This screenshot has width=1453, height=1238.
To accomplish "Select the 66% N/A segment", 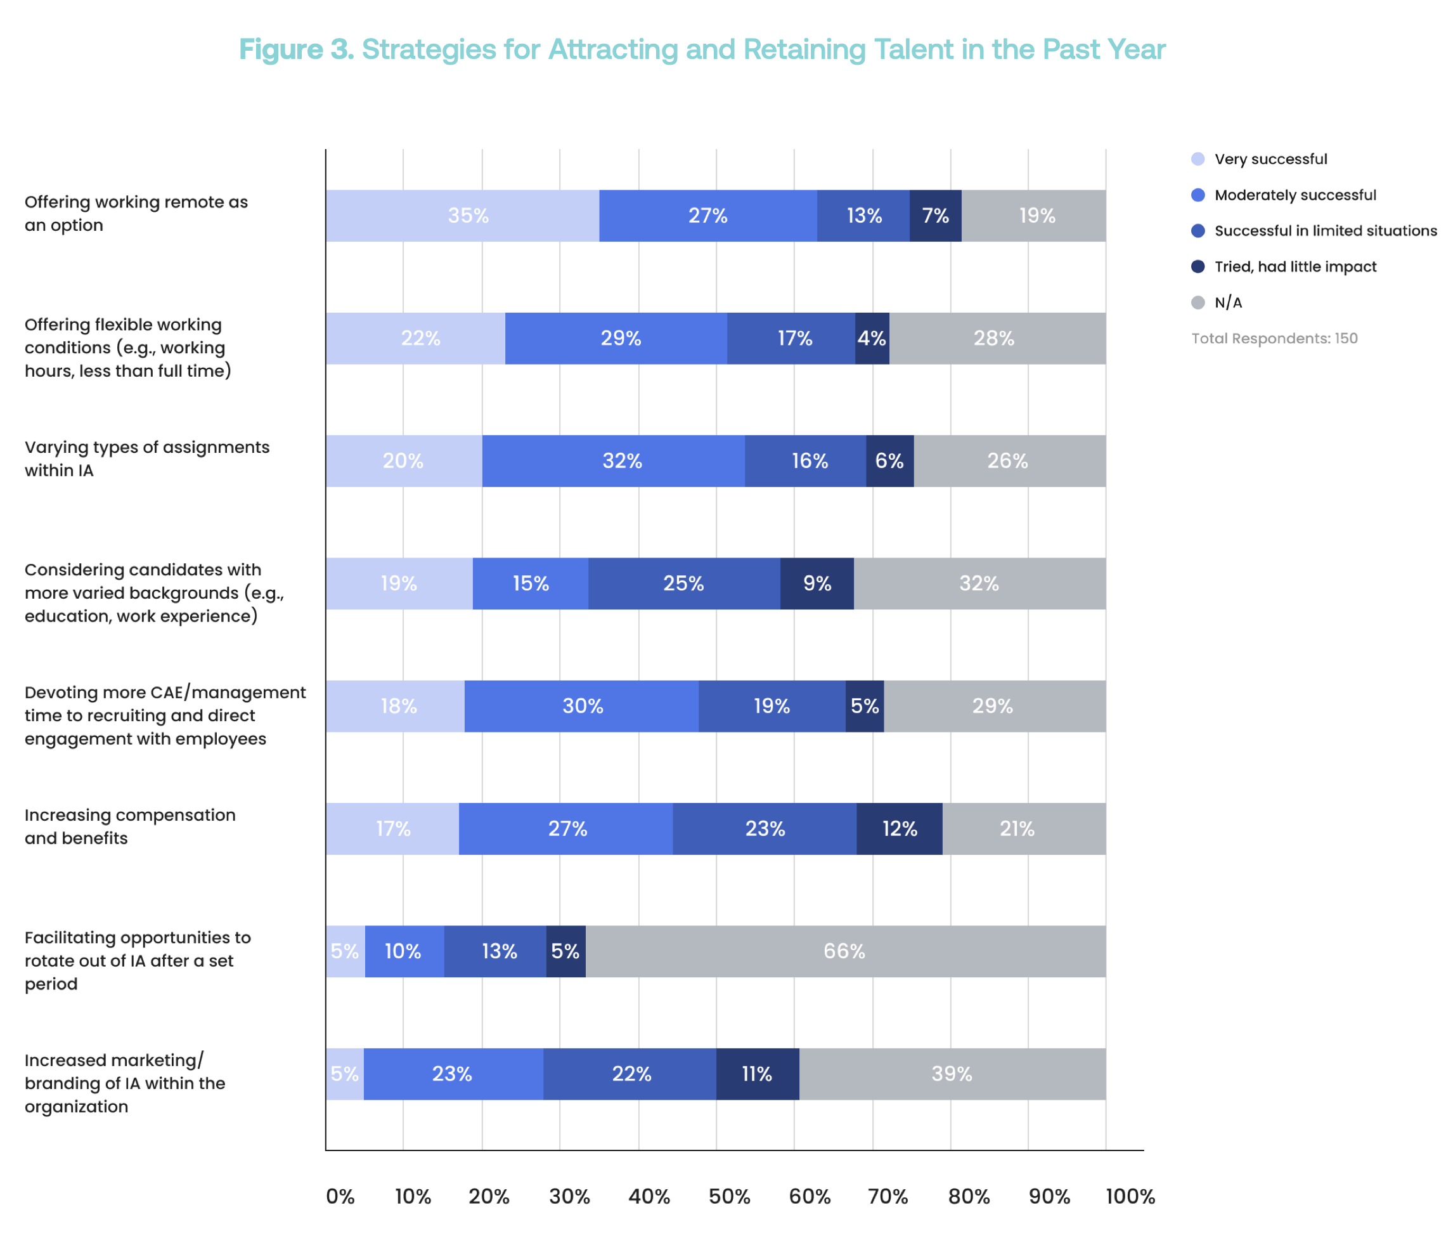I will pyautogui.click(x=844, y=951).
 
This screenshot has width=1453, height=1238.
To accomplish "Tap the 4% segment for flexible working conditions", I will pyautogui.click(x=872, y=338).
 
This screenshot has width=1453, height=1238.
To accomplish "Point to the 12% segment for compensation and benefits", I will pyautogui.click(x=899, y=828).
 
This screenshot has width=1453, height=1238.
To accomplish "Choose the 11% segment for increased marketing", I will pyautogui.click(x=757, y=1074).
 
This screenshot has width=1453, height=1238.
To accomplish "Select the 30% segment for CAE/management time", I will pyautogui.click(x=582, y=706).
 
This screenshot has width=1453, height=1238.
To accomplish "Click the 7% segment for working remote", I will pyautogui.click(x=935, y=216).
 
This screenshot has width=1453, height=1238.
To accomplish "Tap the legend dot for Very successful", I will pyautogui.click(x=1198, y=159).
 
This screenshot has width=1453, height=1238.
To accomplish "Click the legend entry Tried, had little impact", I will pyautogui.click(x=1295, y=266).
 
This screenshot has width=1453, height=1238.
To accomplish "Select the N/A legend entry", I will pyautogui.click(x=1227, y=303).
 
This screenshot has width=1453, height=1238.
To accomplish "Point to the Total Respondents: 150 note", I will pyautogui.click(x=1274, y=338).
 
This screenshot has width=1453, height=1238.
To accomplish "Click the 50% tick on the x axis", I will pyautogui.click(x=728, y=1197).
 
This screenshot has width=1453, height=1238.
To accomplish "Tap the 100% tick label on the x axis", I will pyautogui.click(x=1130, y=1197).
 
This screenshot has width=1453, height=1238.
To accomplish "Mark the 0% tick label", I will pyautogui.click(x=340, y=1197).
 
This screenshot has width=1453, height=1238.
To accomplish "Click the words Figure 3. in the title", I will pyautogui.click(x=296, y=49).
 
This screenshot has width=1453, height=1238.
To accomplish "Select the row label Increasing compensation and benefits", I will pyautogui.click(x=130, y=826).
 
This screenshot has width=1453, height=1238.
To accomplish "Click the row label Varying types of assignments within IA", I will pyautogui.click(x=146, y=459).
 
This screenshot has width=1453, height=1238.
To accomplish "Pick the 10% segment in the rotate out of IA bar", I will pyautogui.click(x=404, y=951).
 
